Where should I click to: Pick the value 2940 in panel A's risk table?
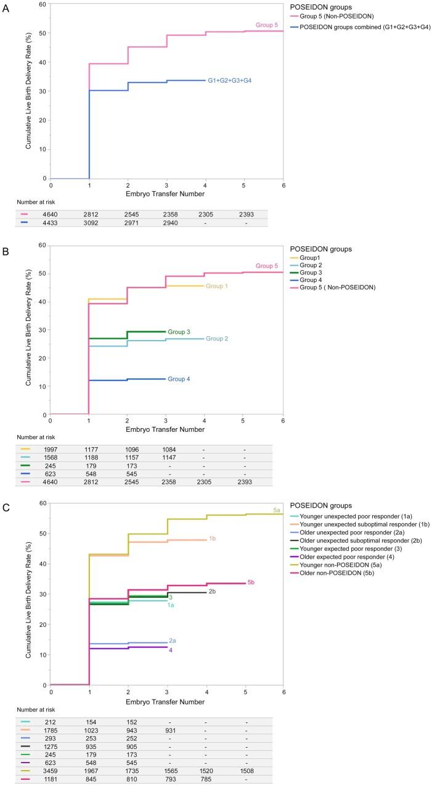click(x=168, y=222)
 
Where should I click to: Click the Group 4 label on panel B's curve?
click(x=179, y=379)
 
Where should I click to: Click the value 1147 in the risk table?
click(x=168, y=458)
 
